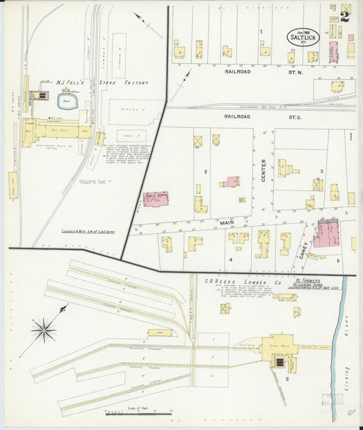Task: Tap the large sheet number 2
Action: tap(345, 17)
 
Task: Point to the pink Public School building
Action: tap(155, 199)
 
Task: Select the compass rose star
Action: tap(44, 330)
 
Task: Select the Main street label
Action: tap(227, 222)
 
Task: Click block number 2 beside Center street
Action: tap(205, 172)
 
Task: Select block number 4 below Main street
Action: tap(230, 260)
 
